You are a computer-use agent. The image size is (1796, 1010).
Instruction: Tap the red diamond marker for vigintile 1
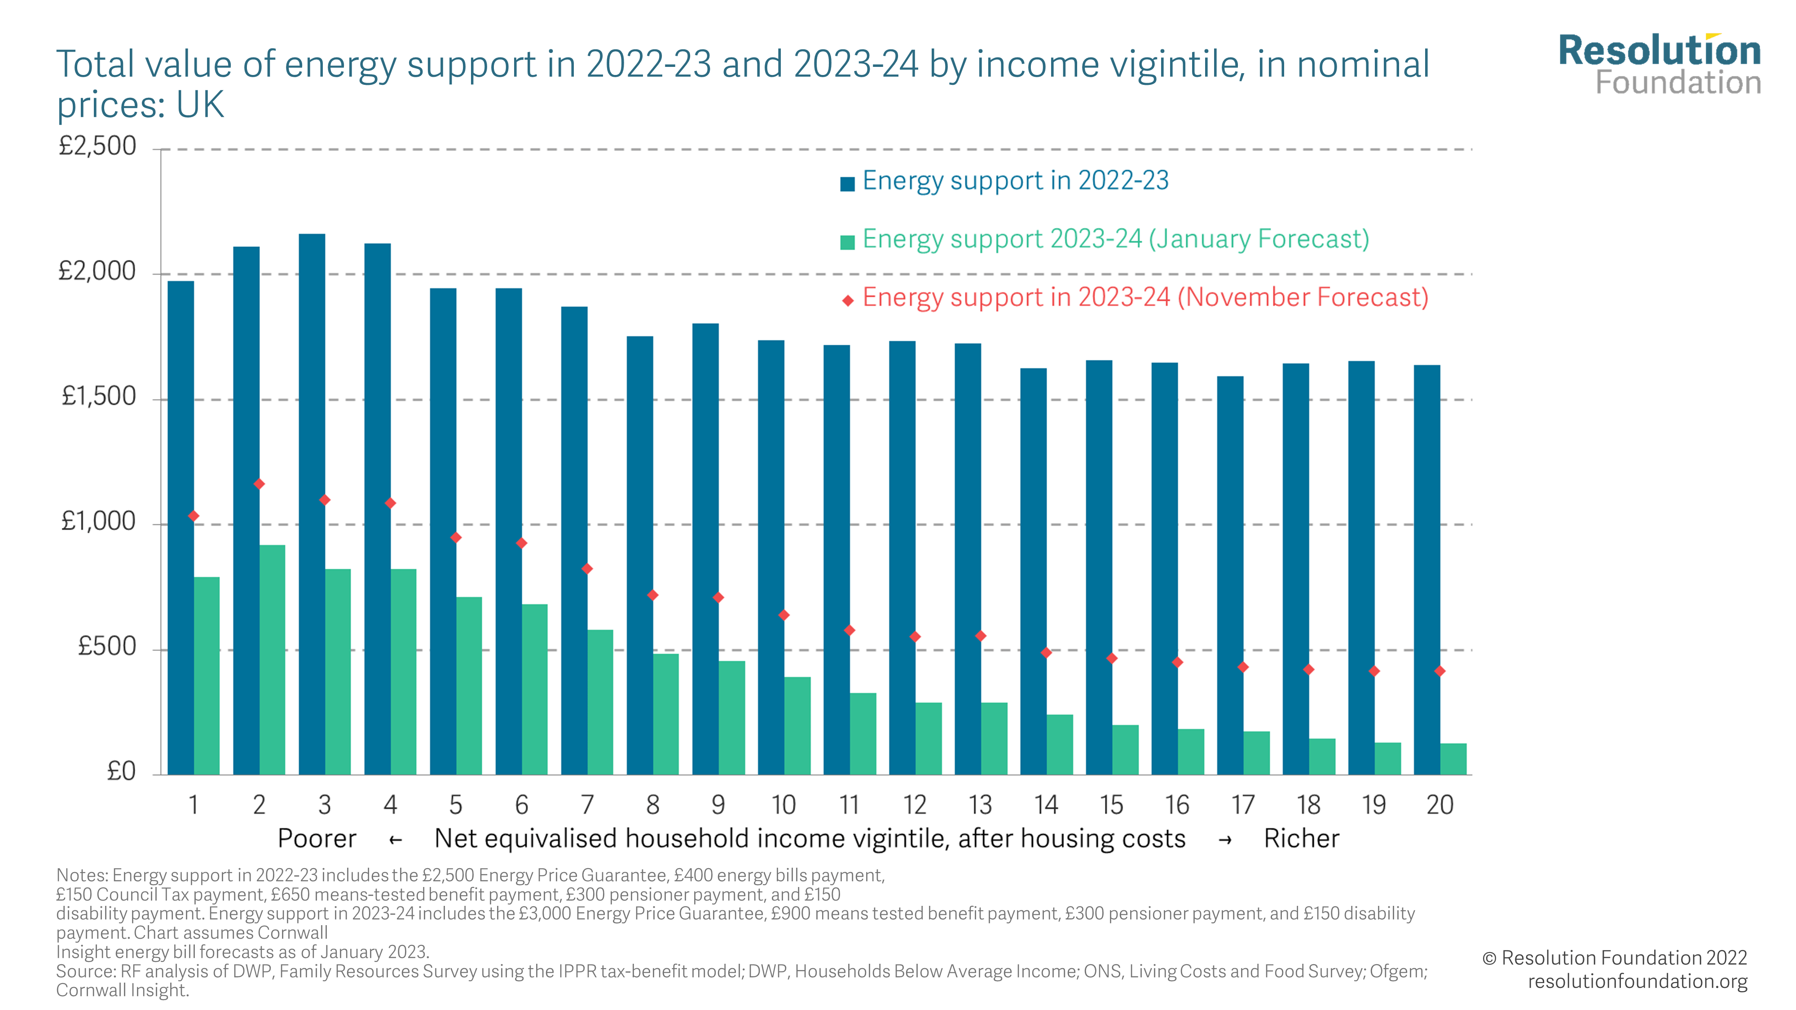point(194,516)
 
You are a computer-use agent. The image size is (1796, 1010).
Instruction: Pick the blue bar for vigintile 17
point(1230,575)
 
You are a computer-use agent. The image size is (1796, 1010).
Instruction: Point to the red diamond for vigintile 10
point(784,615)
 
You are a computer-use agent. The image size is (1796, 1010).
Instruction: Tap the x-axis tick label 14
point(1046,805)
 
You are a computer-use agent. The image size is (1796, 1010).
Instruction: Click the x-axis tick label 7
point(587,805)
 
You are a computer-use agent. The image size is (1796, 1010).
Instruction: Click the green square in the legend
point(848,242)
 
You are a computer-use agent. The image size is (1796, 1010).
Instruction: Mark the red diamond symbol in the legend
point(848,300)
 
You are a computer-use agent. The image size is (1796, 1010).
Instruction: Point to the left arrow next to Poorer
point(395,840)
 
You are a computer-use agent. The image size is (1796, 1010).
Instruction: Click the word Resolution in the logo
point(1660,51)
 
